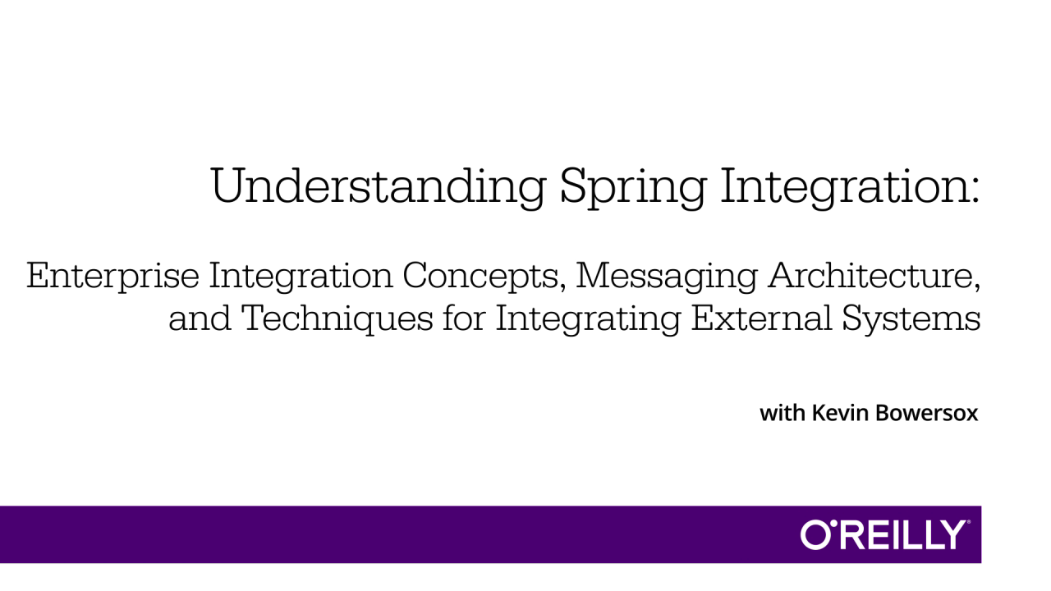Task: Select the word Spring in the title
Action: pos(633,188)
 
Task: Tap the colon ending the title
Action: pos(975,193)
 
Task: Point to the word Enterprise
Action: pos(112,277)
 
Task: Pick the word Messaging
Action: pos(666,277)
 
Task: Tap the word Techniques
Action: pos(337,319)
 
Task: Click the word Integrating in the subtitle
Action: pos(588,320)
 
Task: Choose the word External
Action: pos(761,318)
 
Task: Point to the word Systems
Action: pos(911,320)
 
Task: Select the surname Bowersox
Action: pos(927,413)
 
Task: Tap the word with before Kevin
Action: pos(783,413)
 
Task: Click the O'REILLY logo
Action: pos(882,534)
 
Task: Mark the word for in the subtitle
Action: pos(464,318)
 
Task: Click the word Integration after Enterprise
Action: pos(301,277)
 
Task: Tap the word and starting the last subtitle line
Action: pos(200,318)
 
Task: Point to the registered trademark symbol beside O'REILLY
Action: pos(968,522)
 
